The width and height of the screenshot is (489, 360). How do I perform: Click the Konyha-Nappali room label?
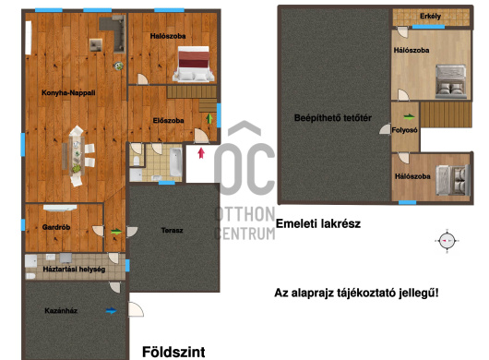click(x=68, y=92)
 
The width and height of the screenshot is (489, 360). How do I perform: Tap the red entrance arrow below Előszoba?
click(x=201, y=153)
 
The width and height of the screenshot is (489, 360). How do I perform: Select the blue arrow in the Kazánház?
click(x=111, y=311)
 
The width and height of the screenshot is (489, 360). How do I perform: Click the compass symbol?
click(x=447, y=241)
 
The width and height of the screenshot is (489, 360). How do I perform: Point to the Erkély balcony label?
click(x=430, y=17)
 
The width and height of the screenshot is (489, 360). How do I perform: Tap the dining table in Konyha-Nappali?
click(x=77, y=155)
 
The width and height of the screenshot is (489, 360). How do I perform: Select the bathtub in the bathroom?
click(x=176, y=162)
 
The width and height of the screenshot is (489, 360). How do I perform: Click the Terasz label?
click(x=173, y=231)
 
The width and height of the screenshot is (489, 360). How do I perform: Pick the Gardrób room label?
click(x=56, y=227)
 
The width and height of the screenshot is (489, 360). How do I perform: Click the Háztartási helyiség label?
click(x=74, y=270)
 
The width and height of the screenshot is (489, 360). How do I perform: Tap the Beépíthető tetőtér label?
click(x=333, y=118)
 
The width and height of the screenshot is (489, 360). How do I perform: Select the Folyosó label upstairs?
click(x=404, y=130)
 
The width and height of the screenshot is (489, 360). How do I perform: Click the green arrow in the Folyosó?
click(x=410, y=117)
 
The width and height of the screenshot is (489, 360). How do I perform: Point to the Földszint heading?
click(x=173, y=352)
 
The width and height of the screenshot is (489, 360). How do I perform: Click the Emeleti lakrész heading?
click(x=318, y=223)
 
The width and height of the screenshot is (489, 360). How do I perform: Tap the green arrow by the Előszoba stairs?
click(x=209, y=118)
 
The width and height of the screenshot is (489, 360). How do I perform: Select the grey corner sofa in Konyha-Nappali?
click(x=116, y=31)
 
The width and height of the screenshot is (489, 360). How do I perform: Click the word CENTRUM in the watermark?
click(x=244, y=234)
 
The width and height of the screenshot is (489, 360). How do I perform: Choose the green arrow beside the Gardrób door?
click(x=116, y=232)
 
